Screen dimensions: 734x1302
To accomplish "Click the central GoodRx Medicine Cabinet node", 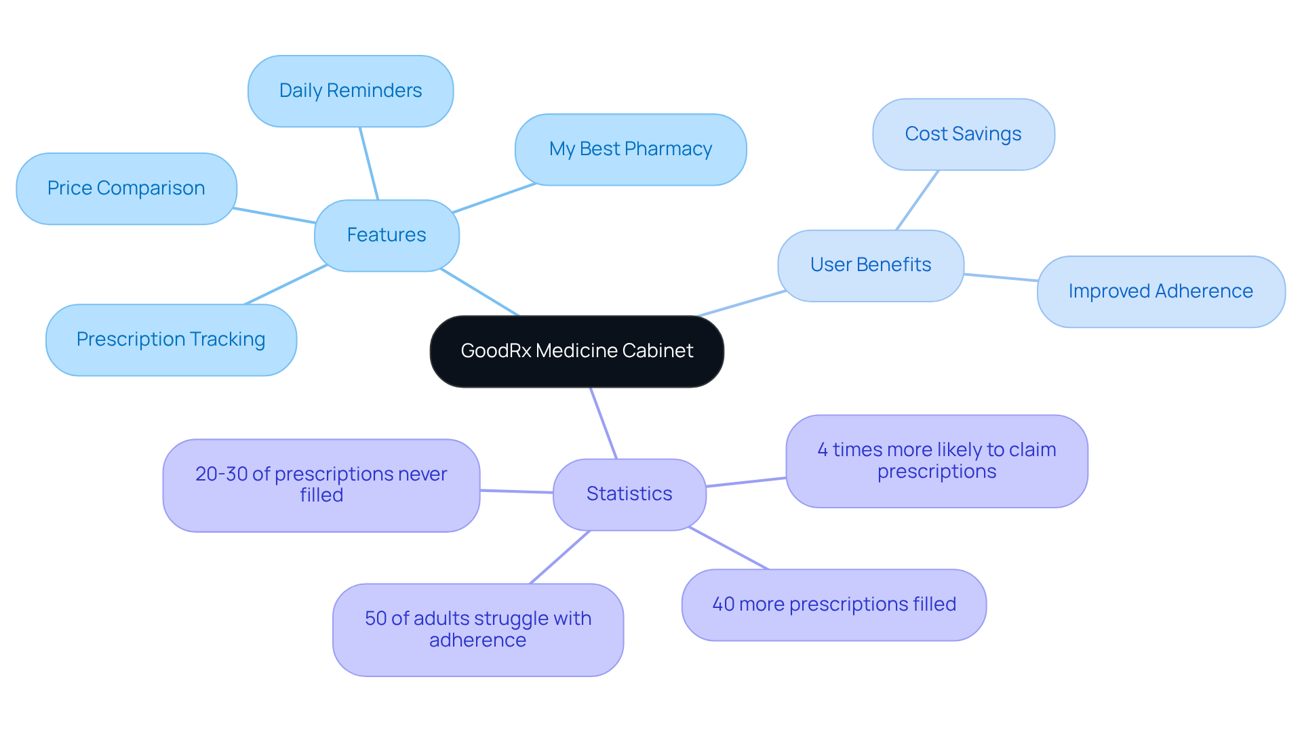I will pyautogui.click(x=576, y=351).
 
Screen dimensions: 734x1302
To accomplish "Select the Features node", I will pyautogui.click(x=387, y=235).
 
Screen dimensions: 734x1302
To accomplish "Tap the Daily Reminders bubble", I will pyautogui.click(x=351, y=91).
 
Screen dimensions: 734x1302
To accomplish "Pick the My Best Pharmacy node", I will pyautogui.click(x=631, y=149).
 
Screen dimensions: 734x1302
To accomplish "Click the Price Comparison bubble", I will pyautogui.click(x=126, y=188).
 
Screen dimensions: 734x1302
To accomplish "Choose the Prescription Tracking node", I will pyautogui.click(x=171, y=340).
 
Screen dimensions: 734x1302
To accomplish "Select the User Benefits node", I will pyautogui.click(x=871, y=265).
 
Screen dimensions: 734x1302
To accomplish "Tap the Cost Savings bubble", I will pyautogui.click(x=963, y=134).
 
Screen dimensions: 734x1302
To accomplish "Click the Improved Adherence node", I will pyautogui.click(x=1160, y=291).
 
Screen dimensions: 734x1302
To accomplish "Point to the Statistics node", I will pyautogui.click(x=629, y=494).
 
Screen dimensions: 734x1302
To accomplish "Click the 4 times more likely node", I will pyautogui.click(x=936, y=461).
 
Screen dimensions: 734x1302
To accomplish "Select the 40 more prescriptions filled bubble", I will pyautogui.click(x=833, y=605).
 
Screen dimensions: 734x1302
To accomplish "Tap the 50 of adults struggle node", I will pyautogui.click(x=478, y=630).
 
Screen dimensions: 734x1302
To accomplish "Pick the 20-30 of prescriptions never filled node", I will pyautogui.click(x=321, y=485).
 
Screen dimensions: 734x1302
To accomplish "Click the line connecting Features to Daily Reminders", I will pyautogui.click(x=369, y=163).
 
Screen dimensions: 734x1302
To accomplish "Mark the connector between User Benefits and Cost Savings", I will pyautogui.click(x=918, y=200).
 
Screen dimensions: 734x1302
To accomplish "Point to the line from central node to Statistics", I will pyautogui.click(x=604, y=424).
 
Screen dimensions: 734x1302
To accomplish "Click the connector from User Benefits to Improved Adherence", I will pyautogui.click(x=1001, y=277).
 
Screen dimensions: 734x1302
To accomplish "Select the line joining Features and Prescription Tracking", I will pyautogui.click(x=285, y=285).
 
